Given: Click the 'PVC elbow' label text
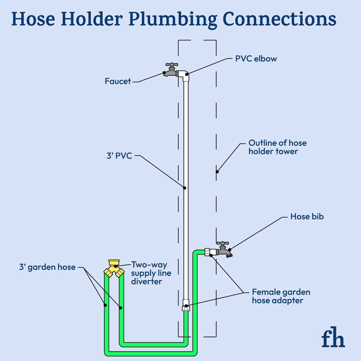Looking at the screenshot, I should tap(256, 59).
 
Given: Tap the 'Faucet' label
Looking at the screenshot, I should tap(118, 81).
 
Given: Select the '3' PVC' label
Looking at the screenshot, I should tap(119, 156).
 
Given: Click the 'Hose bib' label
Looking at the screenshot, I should tap(307, 217).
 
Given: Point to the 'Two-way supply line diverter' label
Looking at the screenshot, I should tap(151, 273).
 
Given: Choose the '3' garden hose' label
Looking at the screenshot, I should tap(47, 267).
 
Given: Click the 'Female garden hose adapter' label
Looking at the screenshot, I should tap(281, 296).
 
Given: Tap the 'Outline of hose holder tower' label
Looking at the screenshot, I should tap(277, 147).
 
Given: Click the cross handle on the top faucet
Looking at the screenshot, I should tap(172, 64).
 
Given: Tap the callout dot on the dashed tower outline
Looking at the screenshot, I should tap(217, 172).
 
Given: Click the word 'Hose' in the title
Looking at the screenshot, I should tap(33, 19).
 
